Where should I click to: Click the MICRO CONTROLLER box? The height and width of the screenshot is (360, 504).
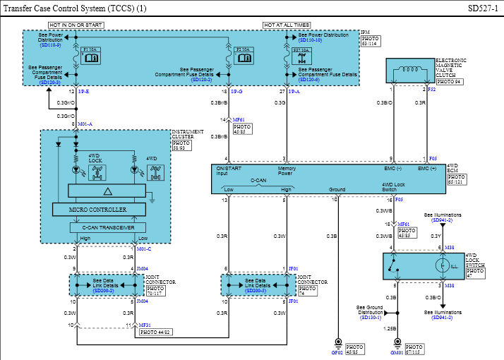pos(98,210)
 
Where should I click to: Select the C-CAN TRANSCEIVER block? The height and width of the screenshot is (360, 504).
pos(108,227)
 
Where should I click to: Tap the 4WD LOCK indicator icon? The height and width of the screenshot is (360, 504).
pos(95,172)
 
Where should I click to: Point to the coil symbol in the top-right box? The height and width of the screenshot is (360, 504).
pos(410,70)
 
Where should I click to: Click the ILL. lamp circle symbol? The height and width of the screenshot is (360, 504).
pos(442,266)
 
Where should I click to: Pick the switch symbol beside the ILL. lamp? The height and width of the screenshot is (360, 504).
pos(393,265)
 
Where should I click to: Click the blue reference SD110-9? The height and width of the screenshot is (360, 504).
pos(50,45)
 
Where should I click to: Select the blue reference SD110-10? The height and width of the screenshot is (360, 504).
pos(310,40)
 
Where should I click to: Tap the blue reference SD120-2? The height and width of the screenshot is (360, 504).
pos(202,80)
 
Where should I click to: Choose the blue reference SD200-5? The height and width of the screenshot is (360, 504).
pos(255,291)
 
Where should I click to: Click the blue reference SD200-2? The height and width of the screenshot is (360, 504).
pos(103,291)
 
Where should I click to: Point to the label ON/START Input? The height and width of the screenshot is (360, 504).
pos(228,171)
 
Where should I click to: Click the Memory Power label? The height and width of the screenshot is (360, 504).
pos(287,171)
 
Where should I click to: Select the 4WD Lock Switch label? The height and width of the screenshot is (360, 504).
pos(393,187)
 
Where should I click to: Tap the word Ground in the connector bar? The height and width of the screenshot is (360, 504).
pos(337,189)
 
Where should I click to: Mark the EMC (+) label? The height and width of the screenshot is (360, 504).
pos(427,169)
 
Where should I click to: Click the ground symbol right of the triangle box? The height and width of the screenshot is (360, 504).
pos(151,200)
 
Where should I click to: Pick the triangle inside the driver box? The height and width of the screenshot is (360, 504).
pos(107,191)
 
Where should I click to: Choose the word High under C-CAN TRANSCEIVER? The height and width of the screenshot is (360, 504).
pos(85,239)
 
